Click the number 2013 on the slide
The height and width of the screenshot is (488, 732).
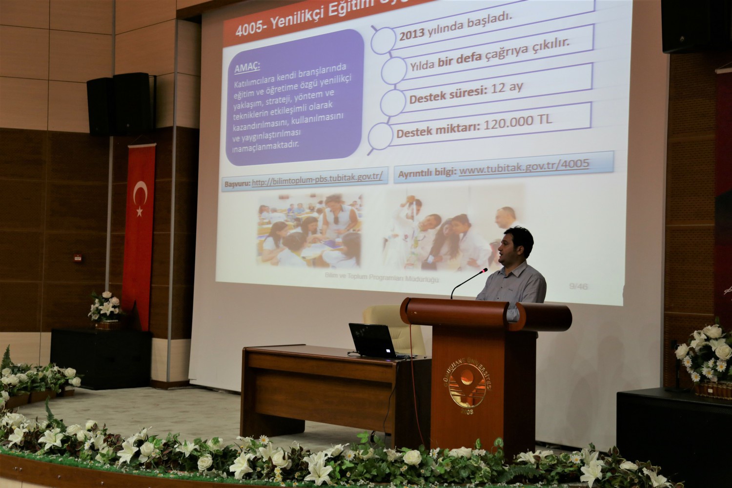point(411,36)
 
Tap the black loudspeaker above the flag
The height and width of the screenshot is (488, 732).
point(120,104)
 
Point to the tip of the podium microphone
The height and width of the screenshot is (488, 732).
point(485,269)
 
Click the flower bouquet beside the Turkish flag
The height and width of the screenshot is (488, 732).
point(105,307)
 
